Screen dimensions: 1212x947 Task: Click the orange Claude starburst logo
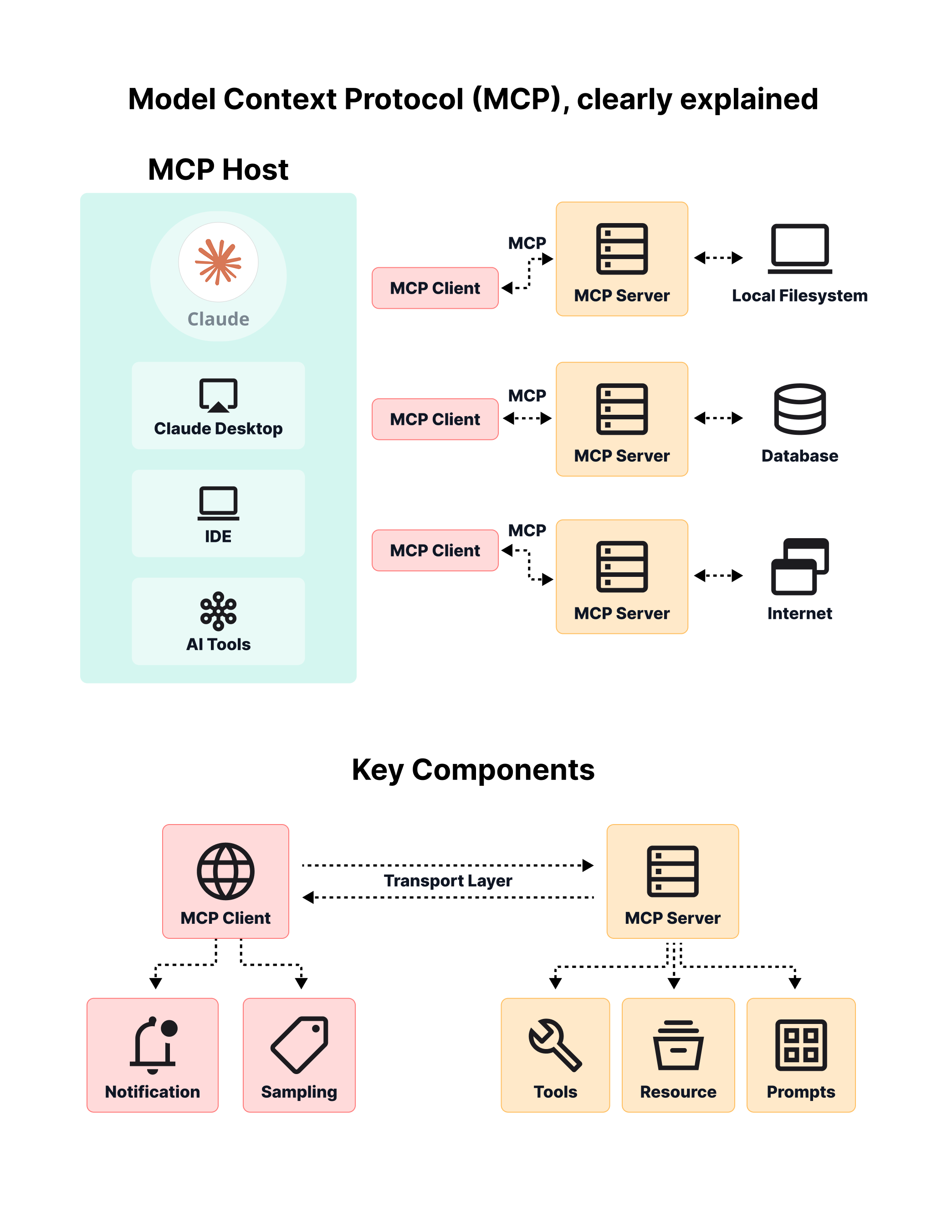point(218,262)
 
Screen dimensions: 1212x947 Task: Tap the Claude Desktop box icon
point(218,395)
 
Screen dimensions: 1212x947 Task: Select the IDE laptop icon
point(218,503)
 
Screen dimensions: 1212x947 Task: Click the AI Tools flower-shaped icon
point(218,611)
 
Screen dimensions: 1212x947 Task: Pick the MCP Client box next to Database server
point(435,419)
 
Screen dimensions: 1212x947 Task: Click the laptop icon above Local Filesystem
point(799,249)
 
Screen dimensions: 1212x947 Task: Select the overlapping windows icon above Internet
point(799,566)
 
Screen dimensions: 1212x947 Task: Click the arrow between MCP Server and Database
point(718,418)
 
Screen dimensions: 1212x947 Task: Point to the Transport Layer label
point(447,881)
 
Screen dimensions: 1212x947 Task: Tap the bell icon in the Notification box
point(153,1045)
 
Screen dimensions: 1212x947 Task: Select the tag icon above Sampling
point(300,1044)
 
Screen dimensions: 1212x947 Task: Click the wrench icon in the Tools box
point(554,1044)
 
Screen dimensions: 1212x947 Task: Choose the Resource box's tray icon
point(678,1044)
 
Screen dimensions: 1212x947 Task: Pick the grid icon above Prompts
point(800,1044)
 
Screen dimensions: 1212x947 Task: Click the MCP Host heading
point(218,169)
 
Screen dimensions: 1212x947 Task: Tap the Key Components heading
point(473,770)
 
